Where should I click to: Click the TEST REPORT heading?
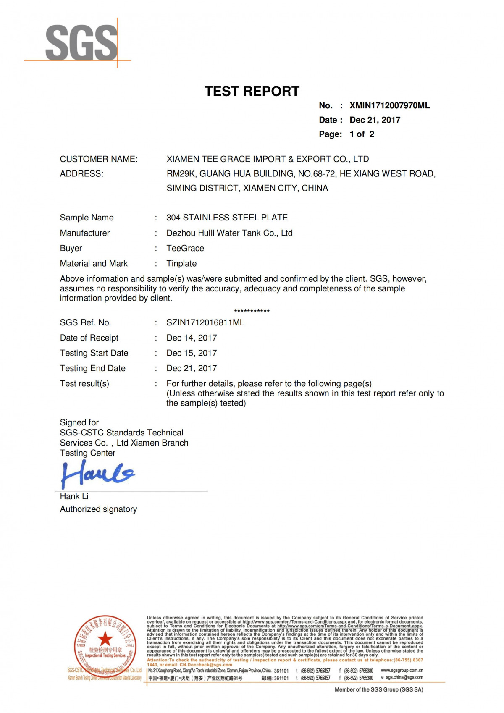[252, 91]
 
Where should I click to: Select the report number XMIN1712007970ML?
[389, 106]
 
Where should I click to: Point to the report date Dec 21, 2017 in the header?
[375, 120]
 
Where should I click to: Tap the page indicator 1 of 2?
[362, 134]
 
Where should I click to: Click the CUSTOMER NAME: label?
[99, 159]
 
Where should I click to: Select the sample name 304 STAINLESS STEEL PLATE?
[227, 218]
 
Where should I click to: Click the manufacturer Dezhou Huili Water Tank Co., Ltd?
[229, 233]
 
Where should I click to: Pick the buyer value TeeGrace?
[185, 248]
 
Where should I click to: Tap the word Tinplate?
[181, 264]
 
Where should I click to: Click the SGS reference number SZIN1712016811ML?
[205, 322]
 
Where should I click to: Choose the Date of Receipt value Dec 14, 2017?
[192, 338]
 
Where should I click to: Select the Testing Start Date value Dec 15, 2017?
[192, 353]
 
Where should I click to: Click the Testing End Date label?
[93, 368]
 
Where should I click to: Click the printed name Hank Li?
[74, 496]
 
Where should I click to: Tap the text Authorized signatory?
[98, 509]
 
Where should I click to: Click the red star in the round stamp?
[105, 639]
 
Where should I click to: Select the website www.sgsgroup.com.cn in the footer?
[402, 671]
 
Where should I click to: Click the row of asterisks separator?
[252, 311]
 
